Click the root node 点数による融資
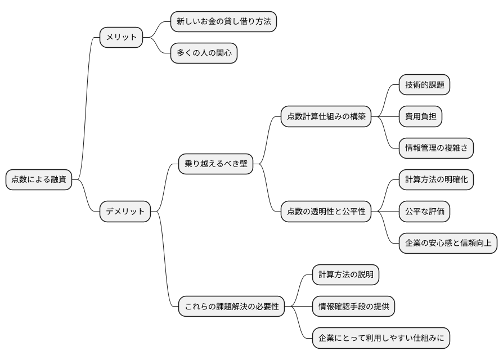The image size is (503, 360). tap(39, 180)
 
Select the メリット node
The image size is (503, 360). tap(122, 38)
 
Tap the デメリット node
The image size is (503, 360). tap(125, 211)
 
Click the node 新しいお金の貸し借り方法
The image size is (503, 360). tap(223, 21)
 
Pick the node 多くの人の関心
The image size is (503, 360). tap(204, 53)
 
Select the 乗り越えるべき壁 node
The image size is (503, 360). tap(215, 164)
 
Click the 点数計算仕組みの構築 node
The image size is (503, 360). tap(326, 116)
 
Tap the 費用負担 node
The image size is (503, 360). tap(420, 116)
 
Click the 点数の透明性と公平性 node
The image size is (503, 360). tap(326, 211)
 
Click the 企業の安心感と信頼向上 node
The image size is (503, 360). tap(448, 243)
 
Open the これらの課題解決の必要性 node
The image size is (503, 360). tap(232, 307)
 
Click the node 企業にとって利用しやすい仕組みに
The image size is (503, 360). tap(381, 338)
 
